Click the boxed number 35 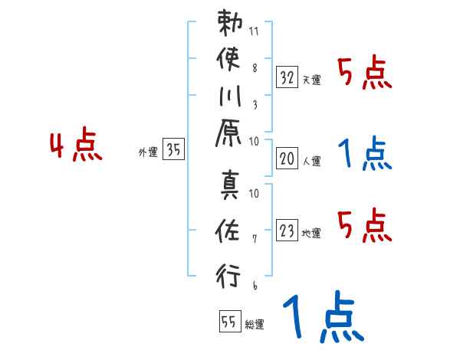(x=174, y=150)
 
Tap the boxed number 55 (x=228, y=322)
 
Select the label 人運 (x=311, y=162)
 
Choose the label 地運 (x=311, y=233)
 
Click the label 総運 (x=255, y=325)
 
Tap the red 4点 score (x=76, y=146)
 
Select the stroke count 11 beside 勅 (x=255, y=31)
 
